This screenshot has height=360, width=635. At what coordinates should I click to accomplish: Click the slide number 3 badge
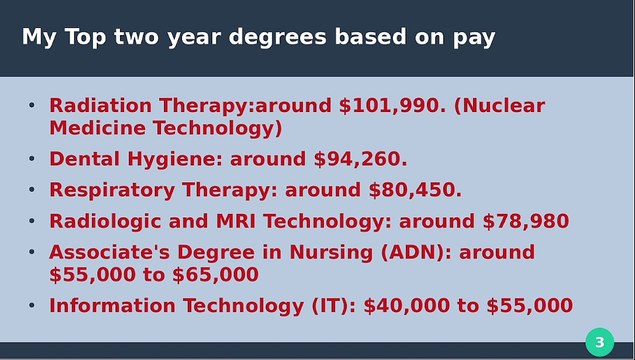click(x=599, y=343)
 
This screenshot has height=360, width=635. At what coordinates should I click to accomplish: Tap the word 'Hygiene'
click(x=176, y=158)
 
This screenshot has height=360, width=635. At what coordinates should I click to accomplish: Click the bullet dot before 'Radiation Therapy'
click(x=31, y=105)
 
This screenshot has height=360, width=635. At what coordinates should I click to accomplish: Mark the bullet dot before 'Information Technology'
click(x=31, y=305)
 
